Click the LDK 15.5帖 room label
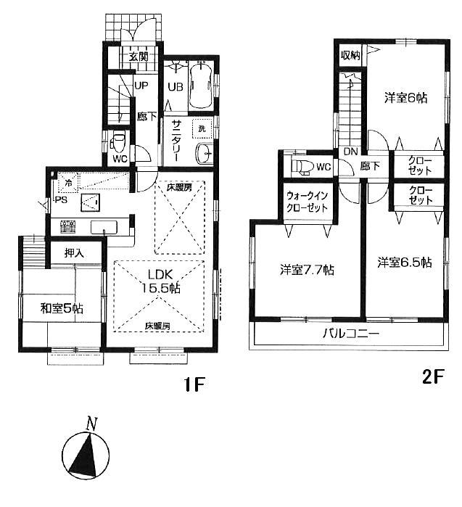point(165,281)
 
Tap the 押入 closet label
point(62,253)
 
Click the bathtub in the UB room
point(199,88)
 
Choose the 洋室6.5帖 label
point(404,262)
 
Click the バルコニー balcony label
point(351,334)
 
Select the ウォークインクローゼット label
point(307,200)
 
